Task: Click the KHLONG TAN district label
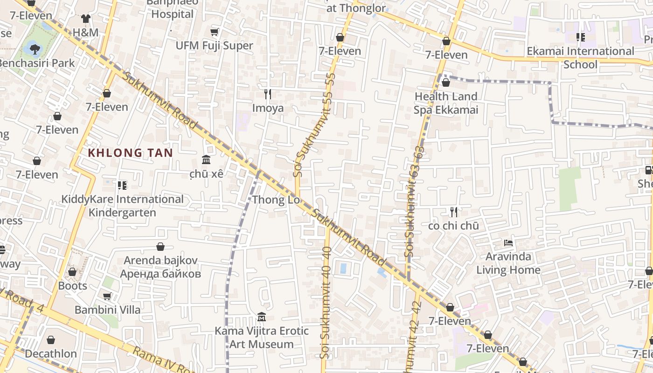point(130,153)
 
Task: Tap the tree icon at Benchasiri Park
point(34,47)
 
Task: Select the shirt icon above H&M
point(85,19)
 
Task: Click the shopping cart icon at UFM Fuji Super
point(214,32)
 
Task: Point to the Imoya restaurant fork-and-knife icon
point(268,94)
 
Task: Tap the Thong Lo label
point(275,200)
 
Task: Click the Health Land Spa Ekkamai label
point(445,103)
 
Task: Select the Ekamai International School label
point(580,57)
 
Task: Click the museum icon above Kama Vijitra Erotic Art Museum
point(261,318)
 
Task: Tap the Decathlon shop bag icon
point(50,340)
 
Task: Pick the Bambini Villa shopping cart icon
point(107,296)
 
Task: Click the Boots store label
point(72,285)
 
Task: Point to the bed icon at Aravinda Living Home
point(508,243)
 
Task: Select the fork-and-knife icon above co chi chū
point(453,213)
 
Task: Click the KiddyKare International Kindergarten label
point(122,206)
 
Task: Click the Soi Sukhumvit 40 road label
point(326,303)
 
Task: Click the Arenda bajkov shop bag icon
point(160,247)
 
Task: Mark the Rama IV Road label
point(163,360)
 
